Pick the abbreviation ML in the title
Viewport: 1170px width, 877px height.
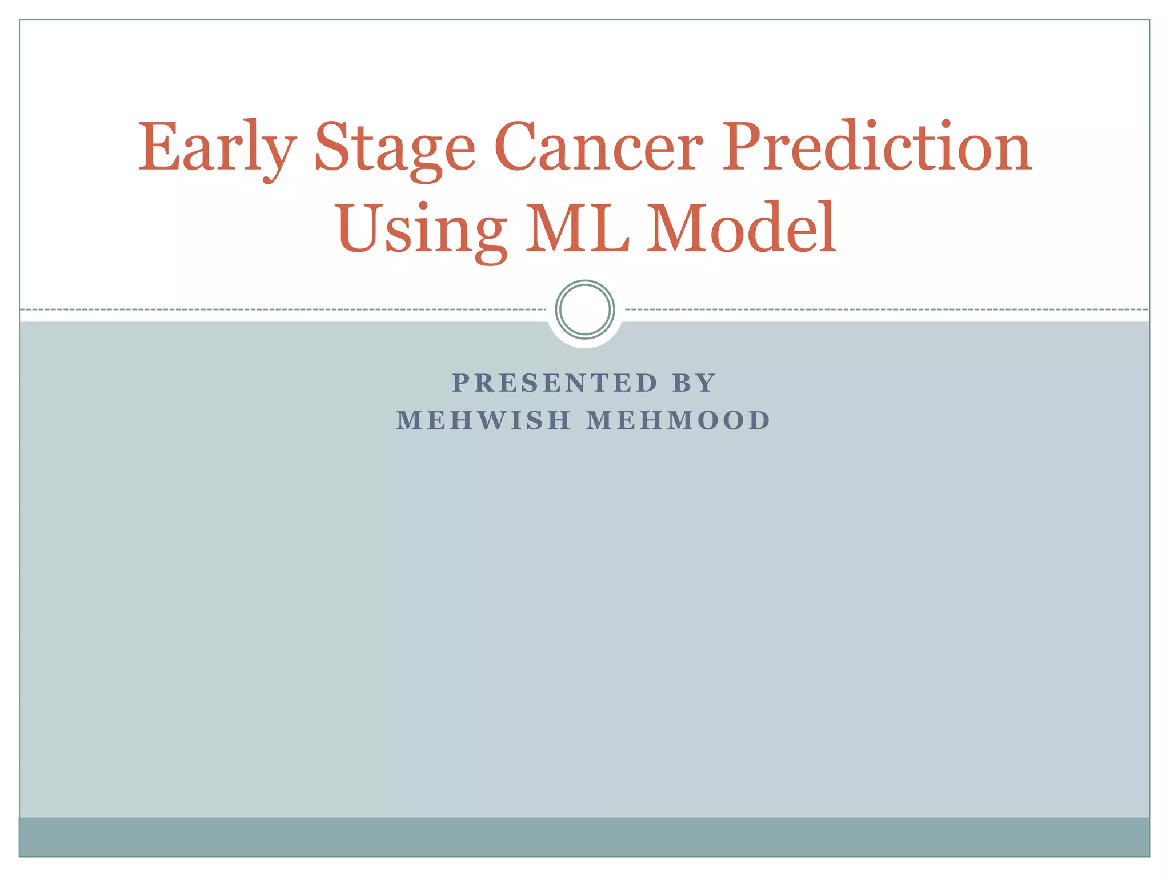tap(577, 228)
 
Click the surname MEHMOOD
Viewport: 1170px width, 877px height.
tap(679, 420)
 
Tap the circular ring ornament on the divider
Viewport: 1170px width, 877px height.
tap(585, 309)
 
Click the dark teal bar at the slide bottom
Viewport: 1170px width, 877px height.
tap(585, 836)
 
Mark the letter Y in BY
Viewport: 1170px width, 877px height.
tap(706, 383)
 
